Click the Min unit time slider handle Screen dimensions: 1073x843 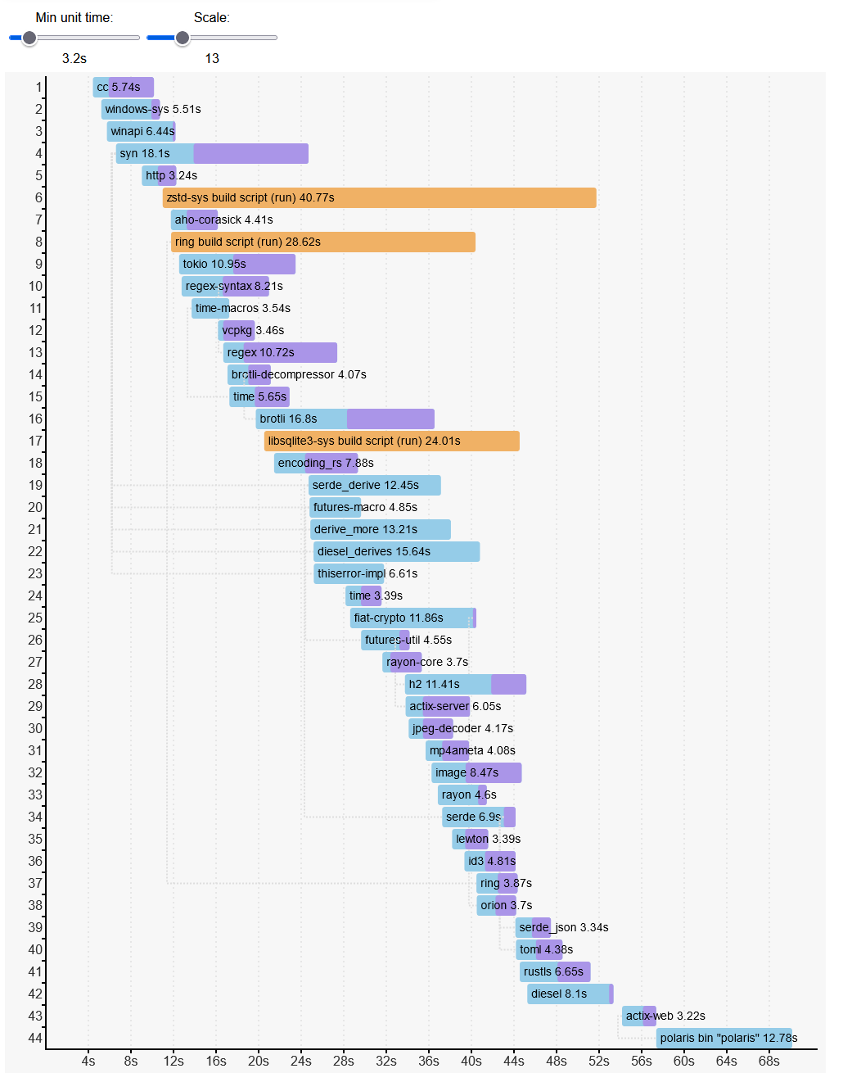[29, 38]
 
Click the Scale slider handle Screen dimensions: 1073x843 [183, 38]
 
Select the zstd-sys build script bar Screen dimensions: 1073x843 [379, 197]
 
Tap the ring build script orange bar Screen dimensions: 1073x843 [322, 242]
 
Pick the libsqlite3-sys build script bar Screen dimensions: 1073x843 [391, 441]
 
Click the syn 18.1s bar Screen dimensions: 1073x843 [212, 153]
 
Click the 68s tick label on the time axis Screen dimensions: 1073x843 [769, 1061]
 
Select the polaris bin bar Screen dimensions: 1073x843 [724, 1038]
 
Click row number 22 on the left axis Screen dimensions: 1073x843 [35, 551]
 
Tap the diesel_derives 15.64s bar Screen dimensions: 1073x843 [396, 551]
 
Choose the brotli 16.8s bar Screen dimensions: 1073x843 [345, 419]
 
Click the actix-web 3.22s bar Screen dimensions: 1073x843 [638, 1016]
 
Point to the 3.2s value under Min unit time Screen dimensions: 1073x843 [74, 59]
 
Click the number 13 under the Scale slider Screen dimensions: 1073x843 [212, 59]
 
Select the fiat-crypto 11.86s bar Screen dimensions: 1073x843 [412, 618]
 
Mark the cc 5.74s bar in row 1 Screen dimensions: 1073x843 [123, 87]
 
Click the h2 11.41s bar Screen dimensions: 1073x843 [465, 684]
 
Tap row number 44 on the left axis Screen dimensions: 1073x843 [35, 1038]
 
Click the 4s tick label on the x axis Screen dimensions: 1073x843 [88, 1061]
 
